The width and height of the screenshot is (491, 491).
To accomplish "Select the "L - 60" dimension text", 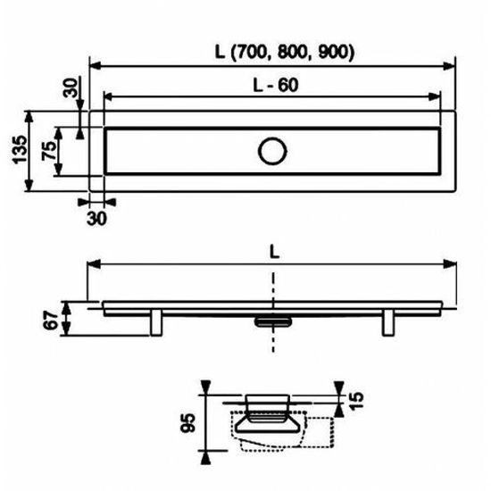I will coord(273,81).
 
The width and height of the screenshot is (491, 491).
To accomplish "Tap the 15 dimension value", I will coord(357,398).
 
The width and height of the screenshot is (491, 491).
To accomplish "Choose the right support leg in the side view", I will coord(389,321).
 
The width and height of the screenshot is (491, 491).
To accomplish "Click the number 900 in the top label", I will coord(335,52).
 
